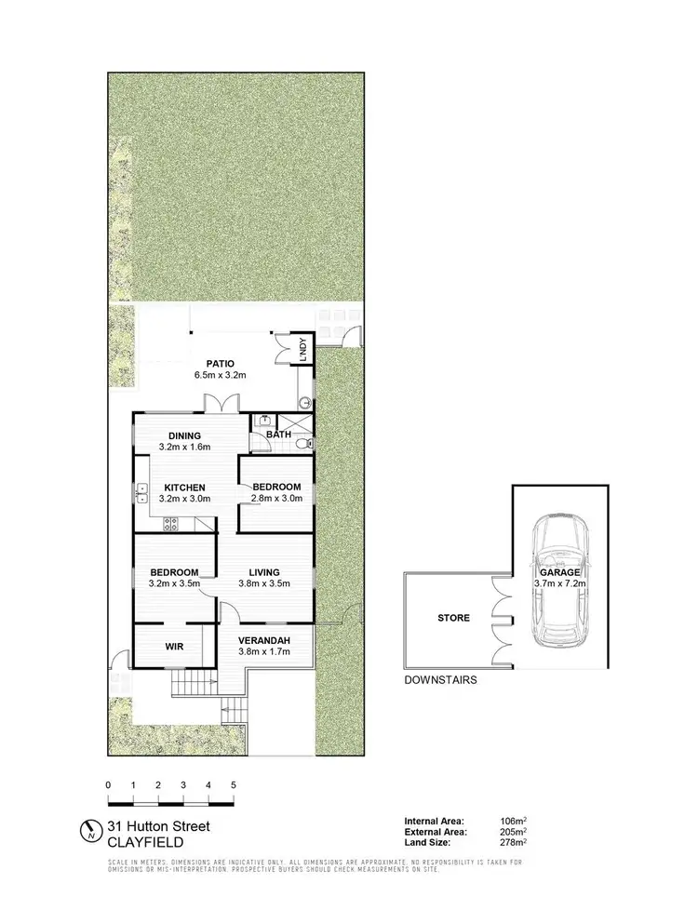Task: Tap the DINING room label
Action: [185, 435]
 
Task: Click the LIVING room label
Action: [265, 572]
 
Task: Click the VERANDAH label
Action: [265, 641]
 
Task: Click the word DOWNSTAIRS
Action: [441, 680]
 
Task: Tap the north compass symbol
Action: [90, 830]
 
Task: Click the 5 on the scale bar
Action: [233, 785]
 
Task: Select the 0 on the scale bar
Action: [109, 785]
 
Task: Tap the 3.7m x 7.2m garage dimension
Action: [557, 583]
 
